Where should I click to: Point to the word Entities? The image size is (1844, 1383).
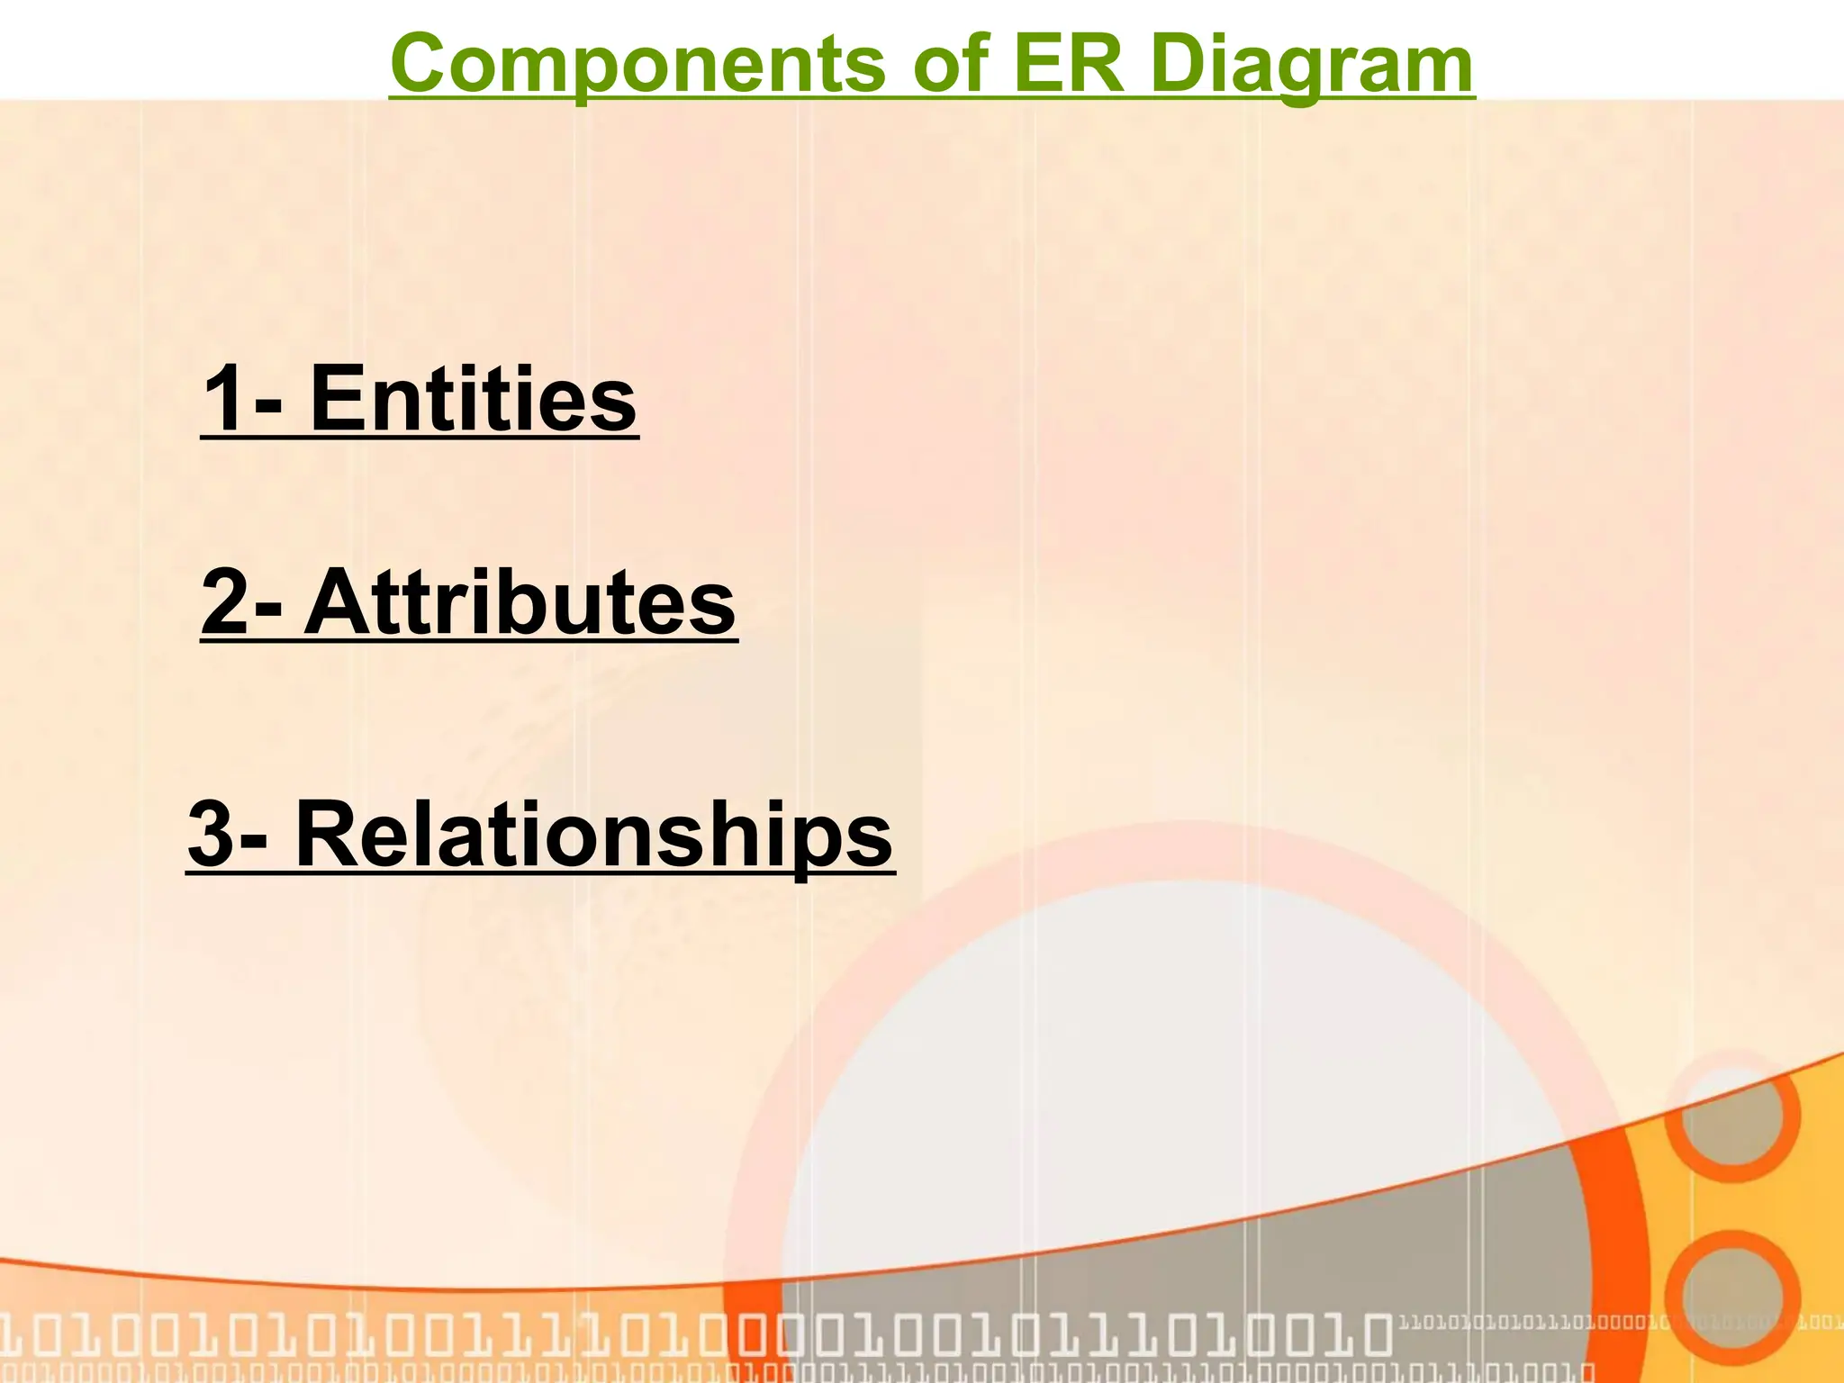pos(474,399)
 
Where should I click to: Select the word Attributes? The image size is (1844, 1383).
pos(520,602)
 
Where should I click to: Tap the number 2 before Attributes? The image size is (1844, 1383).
pos(225,602)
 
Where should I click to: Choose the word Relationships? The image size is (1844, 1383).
pos(593,835)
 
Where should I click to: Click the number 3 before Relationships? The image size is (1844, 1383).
pos(211,835)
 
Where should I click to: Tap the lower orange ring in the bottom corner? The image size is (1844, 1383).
pos(1731,1297)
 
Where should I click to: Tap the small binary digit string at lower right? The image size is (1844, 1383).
pos(1531,1324)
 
